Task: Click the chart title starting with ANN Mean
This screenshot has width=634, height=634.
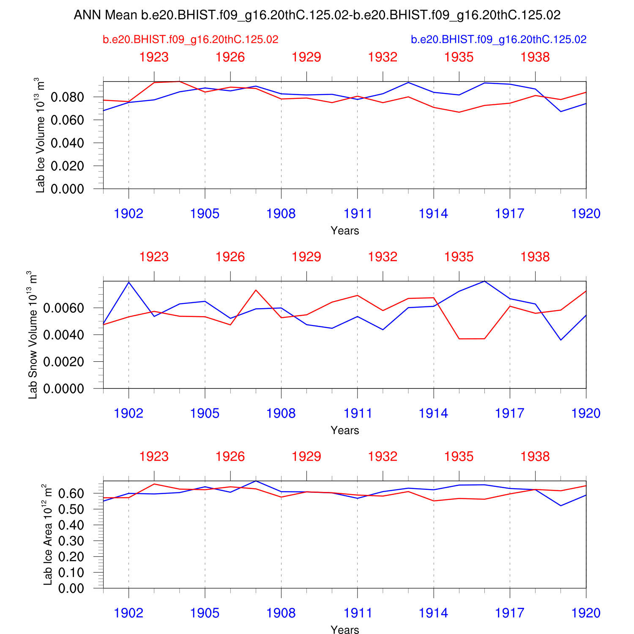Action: pyautogui.click(x=317, y=15)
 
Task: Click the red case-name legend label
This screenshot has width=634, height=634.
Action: pyautogui.click(x=191, y=40)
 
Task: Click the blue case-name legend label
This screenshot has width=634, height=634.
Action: pyautogui.click(x=499, y=40)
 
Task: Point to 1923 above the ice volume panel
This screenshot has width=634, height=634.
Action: pyautogui.click(x=154, y=57)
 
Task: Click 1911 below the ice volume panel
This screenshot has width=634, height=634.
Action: pyautogui.click(x=358, y=214)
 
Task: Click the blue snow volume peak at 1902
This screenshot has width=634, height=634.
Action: pyautogui.click(x=129, y=282)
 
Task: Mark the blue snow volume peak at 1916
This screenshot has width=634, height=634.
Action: pyautogui.click(x=484, y=281)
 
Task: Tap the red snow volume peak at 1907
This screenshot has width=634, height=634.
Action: pyautogui.click(x=256, y=290)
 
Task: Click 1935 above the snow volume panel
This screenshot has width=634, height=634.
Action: pyautogui.click(x=459, y=257)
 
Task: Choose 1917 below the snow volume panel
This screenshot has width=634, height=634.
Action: pyautogui.click(x=510, y=413)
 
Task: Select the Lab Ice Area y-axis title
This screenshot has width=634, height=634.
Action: pyautogui.click(x=48, y=535)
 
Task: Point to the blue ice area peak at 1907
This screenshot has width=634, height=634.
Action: pyautogui.click(x=256, y=481)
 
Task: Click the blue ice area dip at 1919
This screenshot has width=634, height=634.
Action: pyautogui.click(x=561, y=506)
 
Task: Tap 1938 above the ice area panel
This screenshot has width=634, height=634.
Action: pyautogui.click(x=535, y=456)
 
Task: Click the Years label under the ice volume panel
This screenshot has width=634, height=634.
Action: pyautogui.click(x=345, y=231)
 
